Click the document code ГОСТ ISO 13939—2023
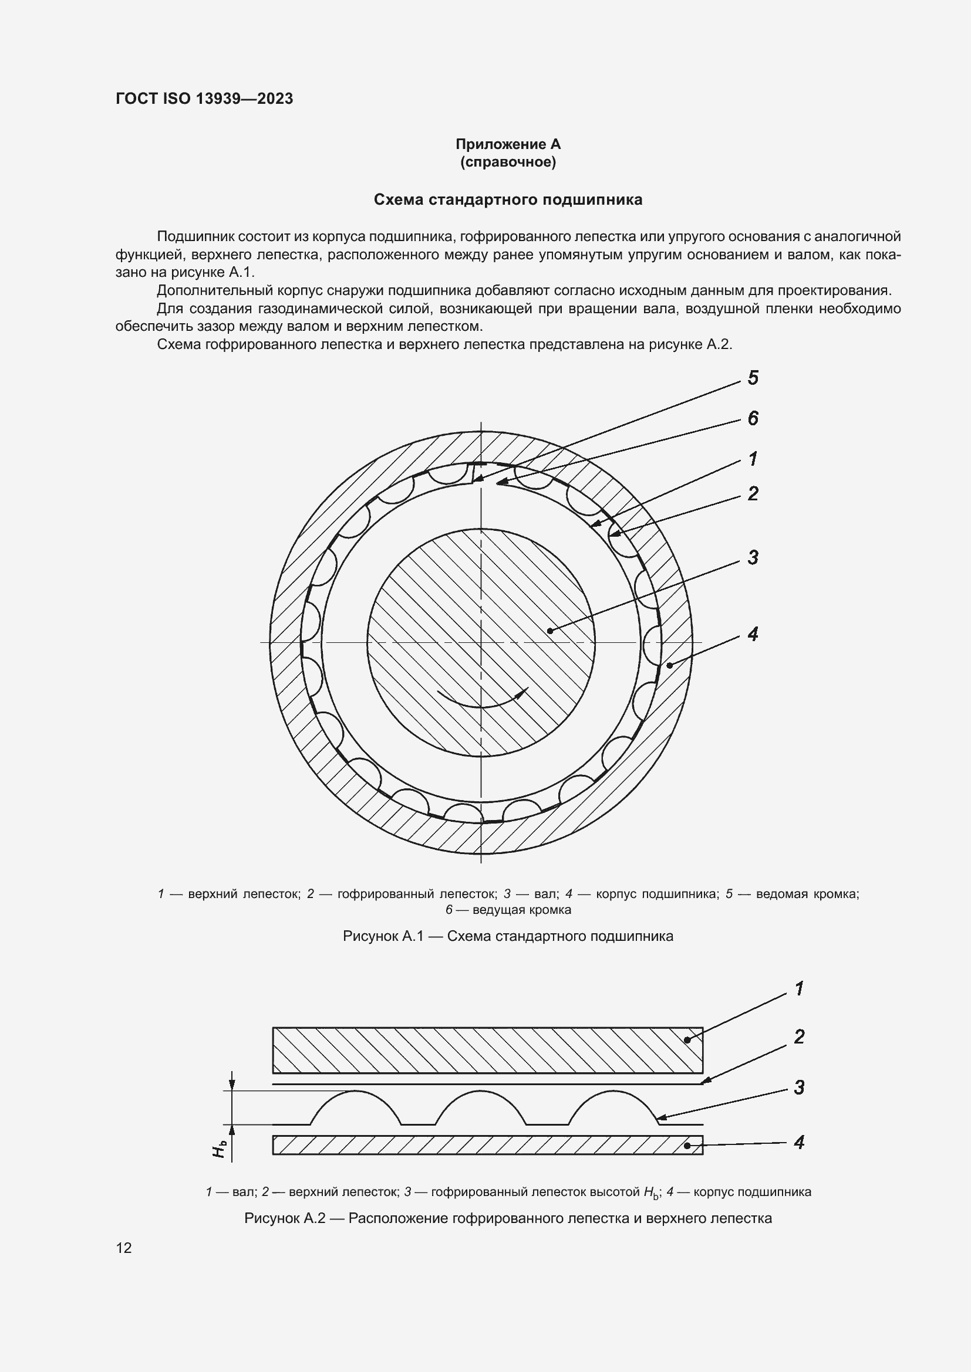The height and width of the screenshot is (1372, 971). (204, 99)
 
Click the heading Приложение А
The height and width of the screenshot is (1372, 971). (508, 144)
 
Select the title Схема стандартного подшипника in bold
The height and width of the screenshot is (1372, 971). (508, 199)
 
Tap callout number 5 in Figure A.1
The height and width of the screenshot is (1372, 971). (753, 378)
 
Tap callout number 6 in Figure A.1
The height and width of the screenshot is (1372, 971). (753, 418)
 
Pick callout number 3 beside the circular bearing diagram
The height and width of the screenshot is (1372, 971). (753, 557)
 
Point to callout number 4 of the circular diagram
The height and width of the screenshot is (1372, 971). (753, 634)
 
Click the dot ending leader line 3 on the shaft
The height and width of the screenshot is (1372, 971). (550, 631)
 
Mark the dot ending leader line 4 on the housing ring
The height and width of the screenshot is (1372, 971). (670, 665)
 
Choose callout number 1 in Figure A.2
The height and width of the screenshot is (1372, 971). (799, 989)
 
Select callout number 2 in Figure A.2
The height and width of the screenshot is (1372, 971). (799, 1036)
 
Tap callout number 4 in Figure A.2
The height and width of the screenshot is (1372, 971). (799, 1142)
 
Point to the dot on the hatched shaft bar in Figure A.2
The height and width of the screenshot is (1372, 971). (687, 1040)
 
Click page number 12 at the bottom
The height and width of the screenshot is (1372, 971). (124, 1248)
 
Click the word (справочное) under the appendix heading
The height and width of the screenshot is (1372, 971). (508, 162)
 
